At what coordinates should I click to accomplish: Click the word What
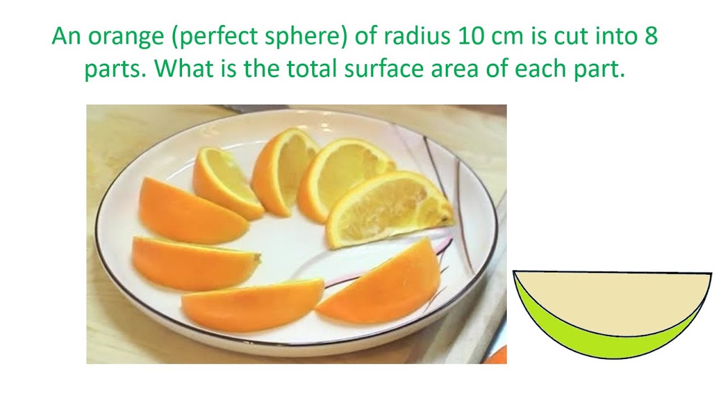pos(185,69)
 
